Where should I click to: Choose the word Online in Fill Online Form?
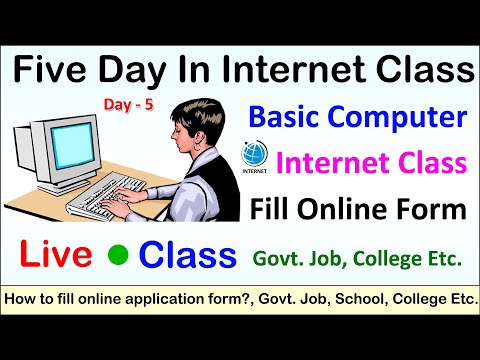(x=349, y=210)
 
